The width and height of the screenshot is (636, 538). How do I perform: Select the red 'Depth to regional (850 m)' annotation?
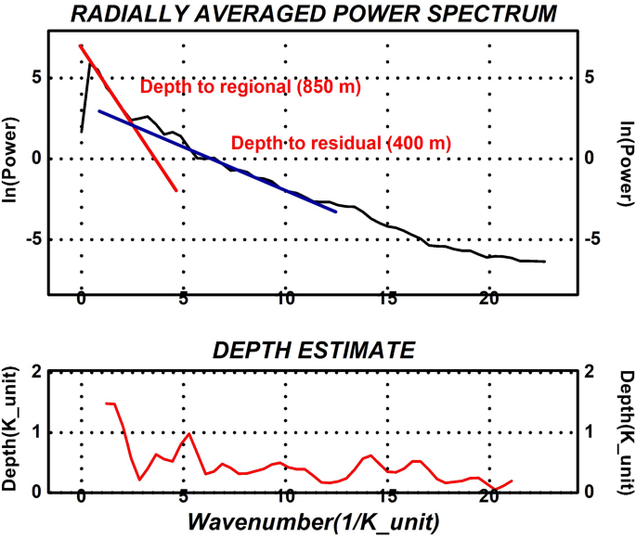pos(250,88)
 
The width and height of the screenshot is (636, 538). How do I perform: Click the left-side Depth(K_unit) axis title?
pos(12,431)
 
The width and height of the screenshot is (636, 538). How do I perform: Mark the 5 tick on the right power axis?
pos(589,78)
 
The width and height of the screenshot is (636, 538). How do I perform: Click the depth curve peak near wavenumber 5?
pos(189,433)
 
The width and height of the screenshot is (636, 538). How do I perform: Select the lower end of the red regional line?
pos(176,190)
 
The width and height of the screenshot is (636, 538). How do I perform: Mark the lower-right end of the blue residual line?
pos(336,212)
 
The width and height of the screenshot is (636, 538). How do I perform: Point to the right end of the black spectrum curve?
pos(545,262)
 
